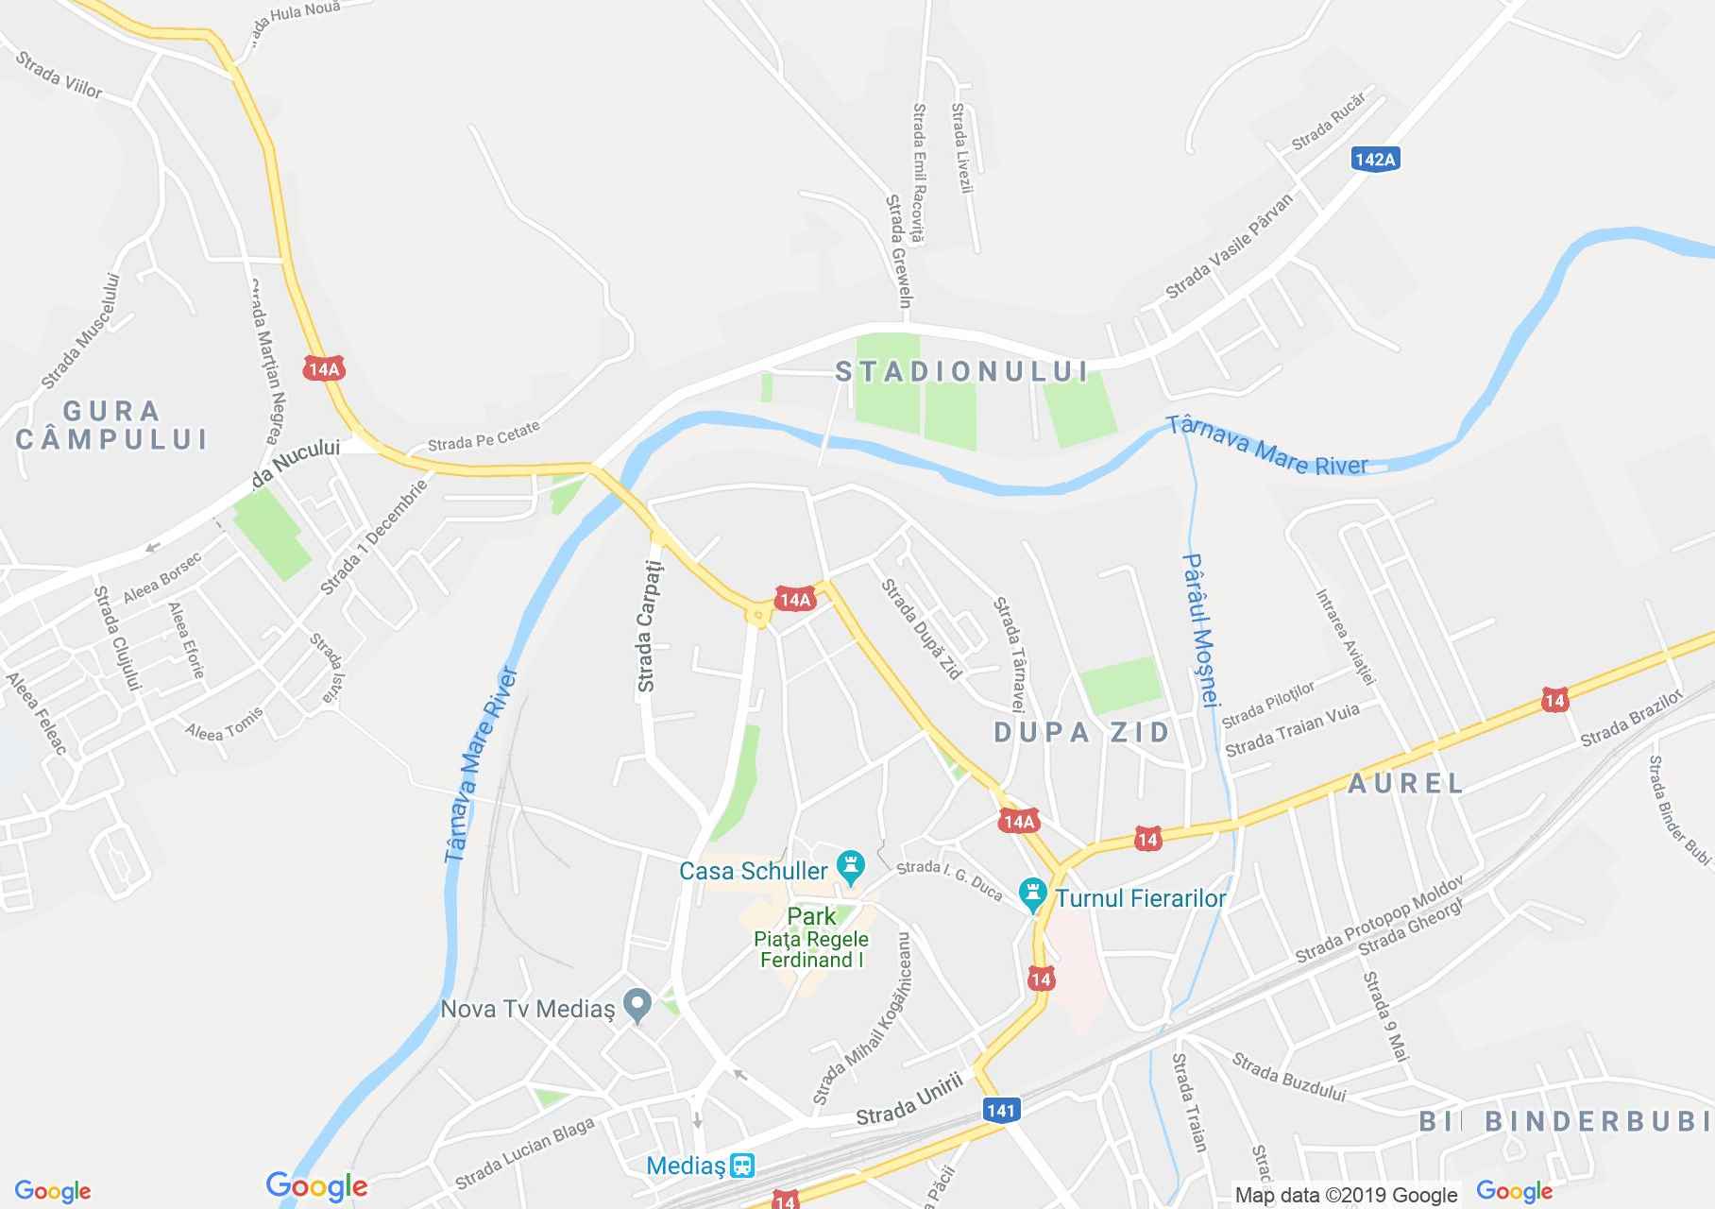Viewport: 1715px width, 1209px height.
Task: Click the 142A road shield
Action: tap(1374, 159)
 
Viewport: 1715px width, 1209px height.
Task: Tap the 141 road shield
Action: tap(1000, 1110)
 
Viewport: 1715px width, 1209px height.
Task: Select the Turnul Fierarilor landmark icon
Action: tap(1033, 894)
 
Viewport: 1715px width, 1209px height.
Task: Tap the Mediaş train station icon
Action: tap(743, 1165)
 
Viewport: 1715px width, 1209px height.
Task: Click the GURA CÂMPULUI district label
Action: tap(112, 425)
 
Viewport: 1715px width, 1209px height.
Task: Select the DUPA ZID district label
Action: tap(1082, 732)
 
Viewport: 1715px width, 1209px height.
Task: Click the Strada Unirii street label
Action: tap(909, 1099)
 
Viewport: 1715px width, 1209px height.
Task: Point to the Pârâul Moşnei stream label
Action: tap(1202, 627)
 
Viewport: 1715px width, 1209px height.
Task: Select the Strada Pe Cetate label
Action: tap(484, 435)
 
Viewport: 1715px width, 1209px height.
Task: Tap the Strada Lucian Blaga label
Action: tap(524, 1153)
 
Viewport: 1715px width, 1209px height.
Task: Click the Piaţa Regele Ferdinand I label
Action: tap(811, 949)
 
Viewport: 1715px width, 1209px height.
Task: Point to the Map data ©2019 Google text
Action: tap(1346, 1195)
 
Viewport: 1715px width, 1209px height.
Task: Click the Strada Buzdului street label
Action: tap(1288, 1079)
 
